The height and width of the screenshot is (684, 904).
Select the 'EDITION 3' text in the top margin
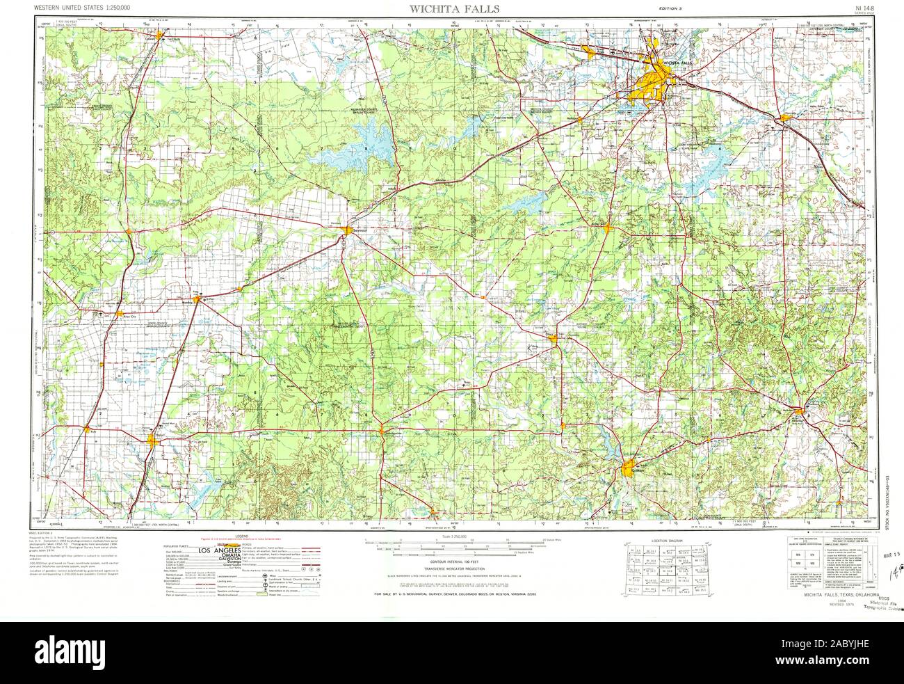(x=674, y=8)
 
